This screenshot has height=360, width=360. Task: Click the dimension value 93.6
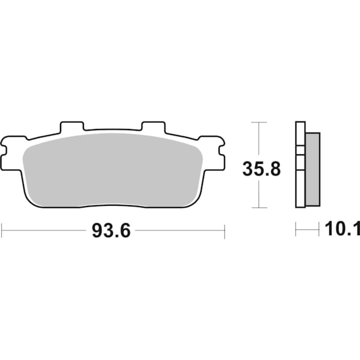pyautogui.click(x=111, y=231)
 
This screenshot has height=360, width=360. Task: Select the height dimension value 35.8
pyautogui.click(x=262, y=169)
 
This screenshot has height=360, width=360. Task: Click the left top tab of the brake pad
pyautogui.click(x=71, y=128)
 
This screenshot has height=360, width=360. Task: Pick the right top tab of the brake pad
pyautogui.click(x=153, y=128)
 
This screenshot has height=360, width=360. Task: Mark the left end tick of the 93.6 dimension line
pyautogui.click(x=2, y=230)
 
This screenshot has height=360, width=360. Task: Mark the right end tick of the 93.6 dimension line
pyautogui.click(x=224, y=230)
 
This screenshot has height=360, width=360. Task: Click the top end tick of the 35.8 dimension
pyautogui.click(x=258, y=122)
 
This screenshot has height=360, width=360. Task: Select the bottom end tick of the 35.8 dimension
pyautogui.click(x=258, y=208)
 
